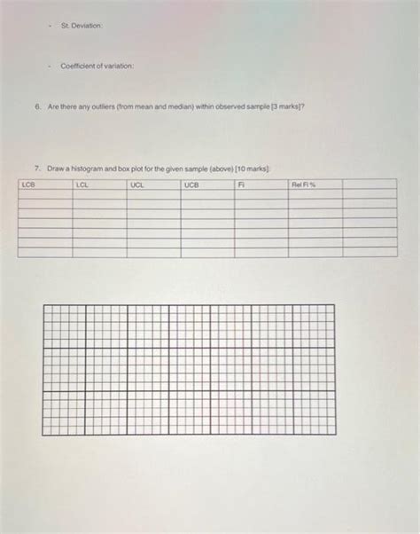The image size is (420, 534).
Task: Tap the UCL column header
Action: click(136, 185)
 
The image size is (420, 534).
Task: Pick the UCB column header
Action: click(192, 185)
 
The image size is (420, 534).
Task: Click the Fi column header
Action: click(241, 185)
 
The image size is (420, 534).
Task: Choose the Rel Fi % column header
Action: click(304, 185)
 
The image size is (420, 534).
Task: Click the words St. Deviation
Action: click(82, 25)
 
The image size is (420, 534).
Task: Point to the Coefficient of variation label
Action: click(97, 67)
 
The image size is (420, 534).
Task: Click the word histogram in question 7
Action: click(94, 167)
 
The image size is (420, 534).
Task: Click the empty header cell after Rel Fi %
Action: click(369, 185)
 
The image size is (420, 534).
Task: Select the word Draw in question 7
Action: click(56, 167)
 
